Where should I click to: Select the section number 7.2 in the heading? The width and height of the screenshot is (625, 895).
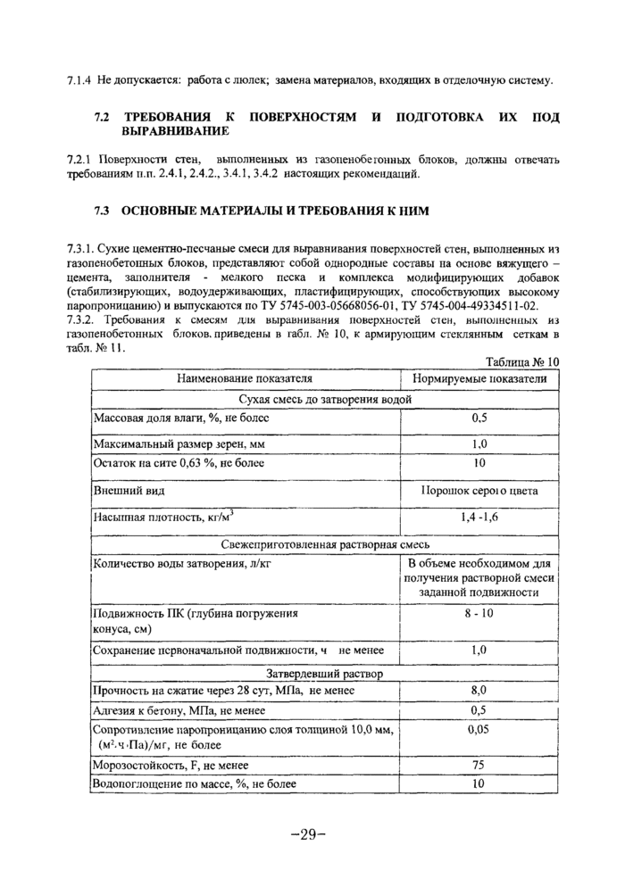point(102,118)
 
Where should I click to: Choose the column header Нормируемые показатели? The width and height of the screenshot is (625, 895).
point(479,378)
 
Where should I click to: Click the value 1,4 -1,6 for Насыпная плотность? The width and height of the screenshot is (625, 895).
point(479,517)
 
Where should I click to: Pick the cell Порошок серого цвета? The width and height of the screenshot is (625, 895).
point(479,491)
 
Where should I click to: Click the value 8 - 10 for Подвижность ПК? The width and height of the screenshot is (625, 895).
point(479,614)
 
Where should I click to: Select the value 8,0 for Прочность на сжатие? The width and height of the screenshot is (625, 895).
point(479,691)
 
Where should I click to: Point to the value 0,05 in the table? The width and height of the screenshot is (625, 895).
point(479,729)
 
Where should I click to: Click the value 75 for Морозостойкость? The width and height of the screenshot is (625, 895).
point(479,765)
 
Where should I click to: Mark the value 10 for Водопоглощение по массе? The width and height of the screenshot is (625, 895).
point(479,783)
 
